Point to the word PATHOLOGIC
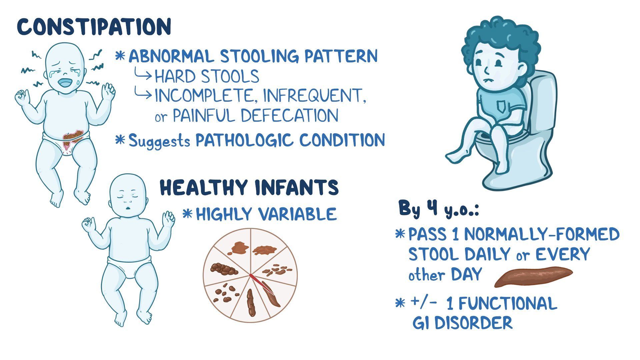pyautogui.click(x=245, y=140)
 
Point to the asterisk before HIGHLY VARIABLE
pyautogui.click(x=188, y=214)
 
